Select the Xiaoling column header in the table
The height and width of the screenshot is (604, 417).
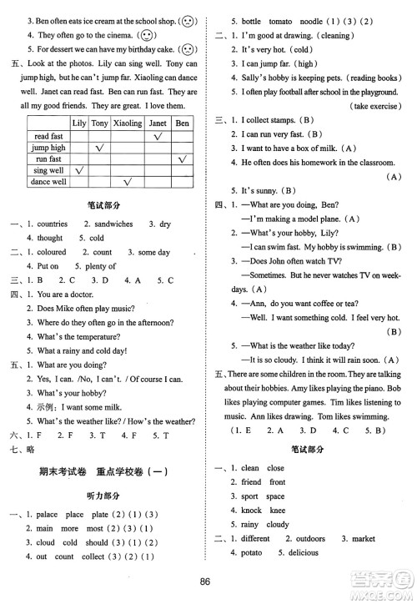(x=128, y=123)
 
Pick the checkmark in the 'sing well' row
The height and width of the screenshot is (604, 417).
(x=80, y=170)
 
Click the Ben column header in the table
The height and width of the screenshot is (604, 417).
(x=181, y=123)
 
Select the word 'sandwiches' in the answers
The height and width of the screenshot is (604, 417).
(x=108, y=224)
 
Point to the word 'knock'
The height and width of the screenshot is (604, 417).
(x=251, y=510)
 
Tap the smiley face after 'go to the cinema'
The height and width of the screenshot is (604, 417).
(x=148, y=36)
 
